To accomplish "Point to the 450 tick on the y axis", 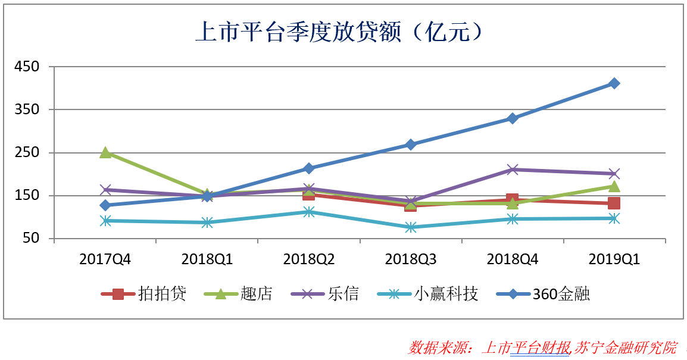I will click(27, 67).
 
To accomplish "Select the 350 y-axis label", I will click(27, 109).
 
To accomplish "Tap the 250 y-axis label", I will click(27, 153).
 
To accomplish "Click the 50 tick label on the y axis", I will click(31, 239).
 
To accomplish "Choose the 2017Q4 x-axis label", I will click(105, 259).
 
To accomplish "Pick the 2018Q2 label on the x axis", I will click(308, 259).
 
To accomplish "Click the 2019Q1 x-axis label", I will click(614, 259).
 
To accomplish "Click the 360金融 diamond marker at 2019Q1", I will click(614, 83).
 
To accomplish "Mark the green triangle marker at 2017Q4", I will click(105, 152).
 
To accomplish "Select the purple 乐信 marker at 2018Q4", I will click(512, 170).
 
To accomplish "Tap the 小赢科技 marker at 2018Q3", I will click(410, 227).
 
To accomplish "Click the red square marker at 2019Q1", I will click(614, 204).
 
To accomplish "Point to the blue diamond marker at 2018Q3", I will click(410, 145).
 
